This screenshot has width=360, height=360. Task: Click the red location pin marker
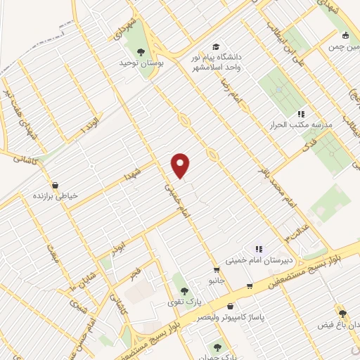[181, 165]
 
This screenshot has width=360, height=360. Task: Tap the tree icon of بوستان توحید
[141, 51]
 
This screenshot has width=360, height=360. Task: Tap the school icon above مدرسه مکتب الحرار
[300, 113]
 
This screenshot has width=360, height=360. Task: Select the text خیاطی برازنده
[51, 197]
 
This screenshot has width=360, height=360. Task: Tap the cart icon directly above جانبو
[217, 269]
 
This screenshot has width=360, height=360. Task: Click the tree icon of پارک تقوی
[184, 290]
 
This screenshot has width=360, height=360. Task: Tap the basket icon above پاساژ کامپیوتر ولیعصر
[231, 306]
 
